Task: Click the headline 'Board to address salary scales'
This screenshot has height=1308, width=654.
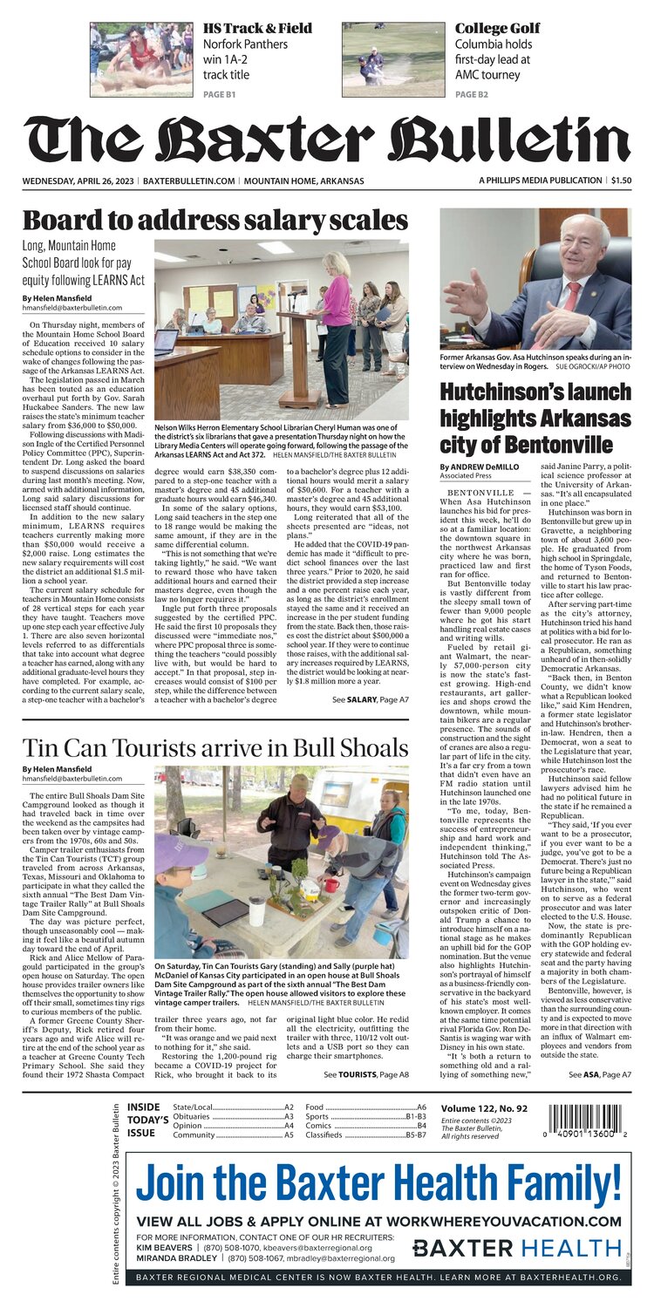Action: (215, 221)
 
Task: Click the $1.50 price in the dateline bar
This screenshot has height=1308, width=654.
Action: (621, 181)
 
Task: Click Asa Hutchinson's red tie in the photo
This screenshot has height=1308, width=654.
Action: (573, 296)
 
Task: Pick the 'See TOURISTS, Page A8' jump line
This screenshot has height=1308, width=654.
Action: (365, 1075)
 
